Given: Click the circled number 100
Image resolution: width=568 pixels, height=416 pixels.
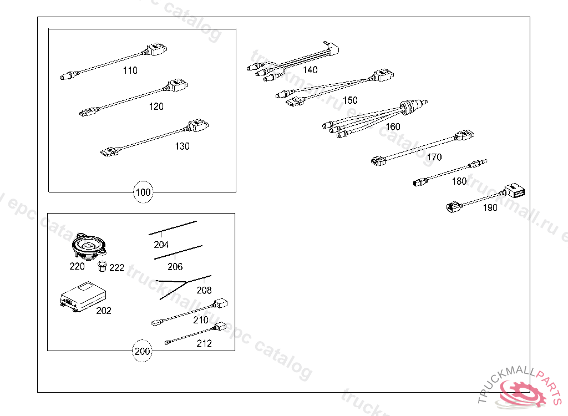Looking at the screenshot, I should (143, 192).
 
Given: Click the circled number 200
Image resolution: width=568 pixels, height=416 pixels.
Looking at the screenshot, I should (143, 351).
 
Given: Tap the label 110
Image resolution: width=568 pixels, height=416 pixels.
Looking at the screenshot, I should (130, 70).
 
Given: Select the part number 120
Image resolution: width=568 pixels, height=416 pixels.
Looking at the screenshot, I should (156, 106).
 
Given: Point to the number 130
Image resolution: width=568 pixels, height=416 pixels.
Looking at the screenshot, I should (182, 146).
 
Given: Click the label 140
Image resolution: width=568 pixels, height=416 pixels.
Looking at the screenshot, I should (310, 70).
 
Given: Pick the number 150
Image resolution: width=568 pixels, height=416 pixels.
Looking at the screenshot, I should (350, 100).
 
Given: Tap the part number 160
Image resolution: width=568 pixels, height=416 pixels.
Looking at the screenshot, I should (392, 126).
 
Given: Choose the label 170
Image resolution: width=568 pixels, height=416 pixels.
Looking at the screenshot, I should (434, 157).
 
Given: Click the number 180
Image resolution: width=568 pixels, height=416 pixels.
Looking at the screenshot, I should (459, 181).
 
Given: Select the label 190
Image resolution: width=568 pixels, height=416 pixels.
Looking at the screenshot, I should (490, 208).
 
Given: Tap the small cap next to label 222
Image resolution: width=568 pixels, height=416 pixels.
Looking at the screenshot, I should (102, 267).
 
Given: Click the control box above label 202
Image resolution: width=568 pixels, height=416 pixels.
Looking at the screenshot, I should (82, 295).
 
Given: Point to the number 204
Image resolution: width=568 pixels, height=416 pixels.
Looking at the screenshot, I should (161, 245).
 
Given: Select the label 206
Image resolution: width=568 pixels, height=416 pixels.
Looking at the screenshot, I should (175, 267).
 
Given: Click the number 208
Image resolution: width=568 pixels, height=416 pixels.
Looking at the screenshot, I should (204, 290).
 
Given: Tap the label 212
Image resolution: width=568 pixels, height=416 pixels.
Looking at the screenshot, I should (204, 343).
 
